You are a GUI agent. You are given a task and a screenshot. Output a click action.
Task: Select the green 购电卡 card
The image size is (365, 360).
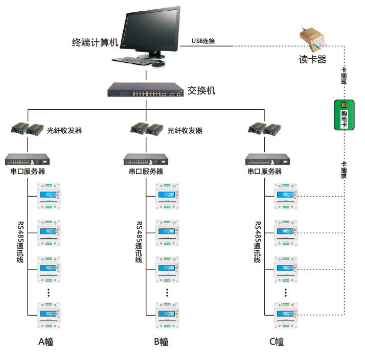[x=344, y=114]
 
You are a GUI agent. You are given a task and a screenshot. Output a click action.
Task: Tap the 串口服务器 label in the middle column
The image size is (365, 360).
[x=146, y=172]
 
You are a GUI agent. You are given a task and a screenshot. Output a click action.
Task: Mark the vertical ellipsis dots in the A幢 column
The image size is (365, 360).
[x=49, y=292]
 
